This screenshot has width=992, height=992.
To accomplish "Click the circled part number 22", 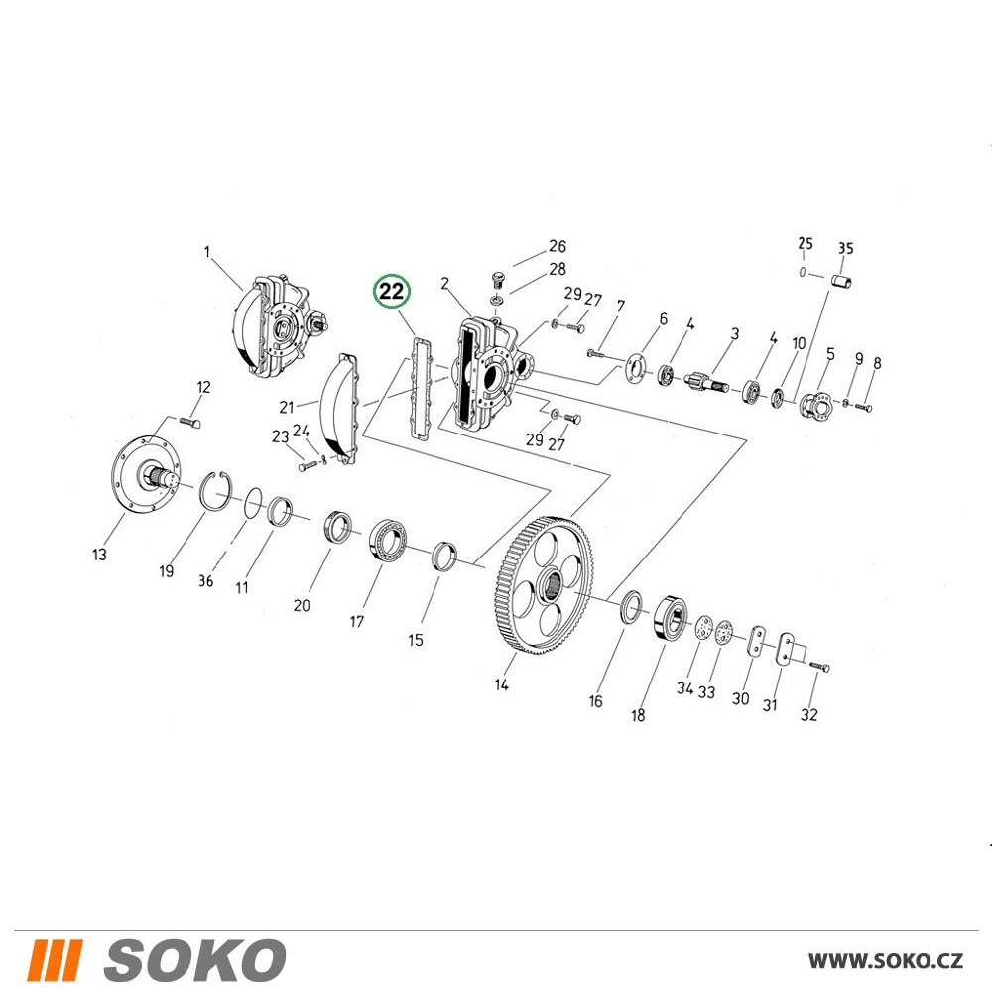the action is (392, 292).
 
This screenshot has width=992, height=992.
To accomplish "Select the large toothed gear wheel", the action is (544, 585).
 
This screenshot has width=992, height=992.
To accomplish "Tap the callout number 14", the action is (501, 684).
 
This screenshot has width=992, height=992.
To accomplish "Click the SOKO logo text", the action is (195, 959).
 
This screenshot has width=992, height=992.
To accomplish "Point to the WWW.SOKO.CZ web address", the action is (886, 960).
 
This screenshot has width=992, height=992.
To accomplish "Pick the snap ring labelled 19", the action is (216, 490).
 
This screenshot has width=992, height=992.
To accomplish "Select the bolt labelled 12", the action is (190, 421).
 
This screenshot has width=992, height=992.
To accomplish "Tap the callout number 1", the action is (207, 252).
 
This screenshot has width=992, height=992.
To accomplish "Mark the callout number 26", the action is (557, 246).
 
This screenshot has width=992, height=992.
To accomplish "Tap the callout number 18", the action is (638, 715).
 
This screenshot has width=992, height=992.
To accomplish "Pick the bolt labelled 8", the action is (864, 408).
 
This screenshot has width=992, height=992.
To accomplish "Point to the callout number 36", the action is (205, 580).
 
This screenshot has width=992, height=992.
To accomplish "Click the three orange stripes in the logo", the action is (56, 959).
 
